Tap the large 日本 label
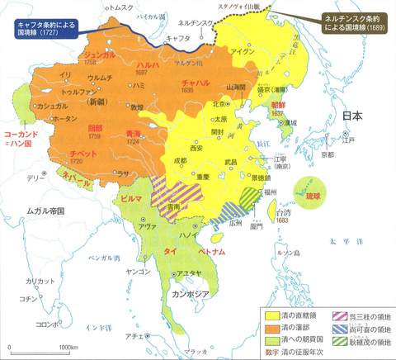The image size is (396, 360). click(353, 117)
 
